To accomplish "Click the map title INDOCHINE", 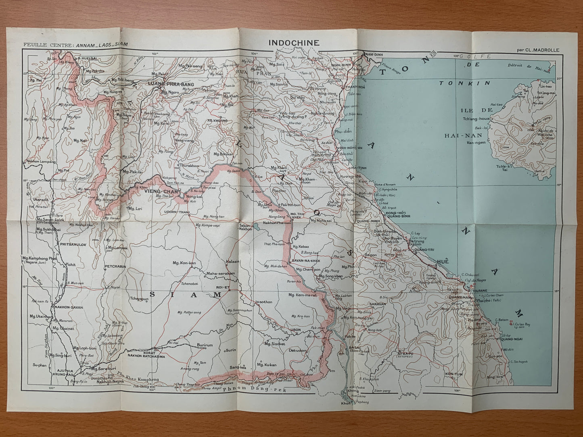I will pyautogui.click(x=293, y=43).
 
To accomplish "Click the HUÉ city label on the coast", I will pyautogui.click(x=443, y=262).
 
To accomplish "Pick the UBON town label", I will pyautogui.click(x=297, y=330).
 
